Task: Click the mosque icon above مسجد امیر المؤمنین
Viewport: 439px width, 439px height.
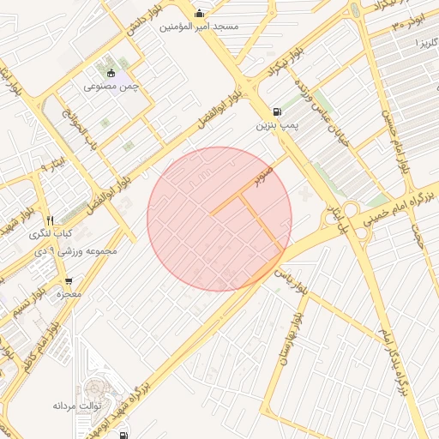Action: (200, 13)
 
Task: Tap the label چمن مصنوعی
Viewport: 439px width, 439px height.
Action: (111, 86)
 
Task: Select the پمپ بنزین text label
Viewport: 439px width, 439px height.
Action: (275, 125)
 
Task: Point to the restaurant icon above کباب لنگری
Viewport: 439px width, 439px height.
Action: (51, 219)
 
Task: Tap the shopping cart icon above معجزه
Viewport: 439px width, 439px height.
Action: (69, 280)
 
